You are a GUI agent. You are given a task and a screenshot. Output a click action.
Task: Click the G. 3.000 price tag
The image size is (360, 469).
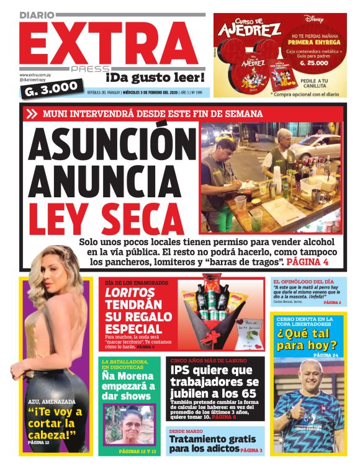pyautogui.click(x=50, y=89)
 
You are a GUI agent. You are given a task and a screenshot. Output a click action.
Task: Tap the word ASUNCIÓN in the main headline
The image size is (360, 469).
pyautogui.click(x=107, y=148)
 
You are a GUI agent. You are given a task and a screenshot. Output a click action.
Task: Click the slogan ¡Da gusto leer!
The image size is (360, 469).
pyautogui.click(x=155, y=78)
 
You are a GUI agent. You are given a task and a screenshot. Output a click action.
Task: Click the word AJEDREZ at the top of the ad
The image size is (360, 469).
pyautogui.click(x=250, y=29)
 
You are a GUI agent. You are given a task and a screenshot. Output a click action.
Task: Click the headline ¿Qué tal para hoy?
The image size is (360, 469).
pyautogui.click(x=307, y=339)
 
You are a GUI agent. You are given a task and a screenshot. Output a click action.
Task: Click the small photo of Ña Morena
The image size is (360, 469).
pyautogui.click(x=130, y=426)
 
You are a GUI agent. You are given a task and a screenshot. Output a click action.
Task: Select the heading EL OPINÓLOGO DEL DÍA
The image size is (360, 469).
pyautogui.click(x=304, y=281)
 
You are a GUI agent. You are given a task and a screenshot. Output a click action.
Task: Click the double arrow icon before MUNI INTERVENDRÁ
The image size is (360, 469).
pyautogui.click(x=32, y=114)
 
